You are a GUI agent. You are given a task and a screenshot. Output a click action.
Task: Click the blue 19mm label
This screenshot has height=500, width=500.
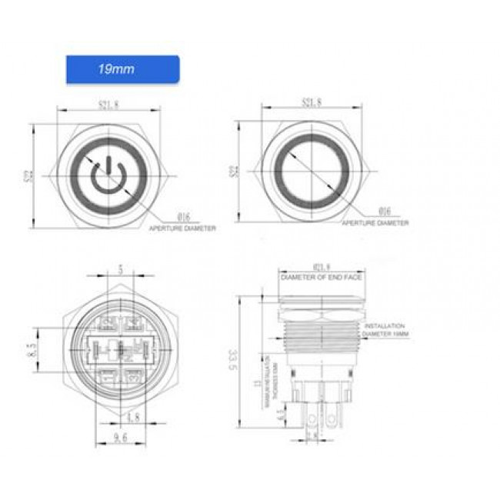pyautogui.click(x=122, y=69)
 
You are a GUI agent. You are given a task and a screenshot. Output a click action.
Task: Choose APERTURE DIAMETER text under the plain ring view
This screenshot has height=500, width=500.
pyautogui.click(x=375, y=223)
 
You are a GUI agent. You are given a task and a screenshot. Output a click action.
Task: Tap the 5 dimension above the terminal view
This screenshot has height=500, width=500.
pyautogui.click(x=118, y=270)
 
